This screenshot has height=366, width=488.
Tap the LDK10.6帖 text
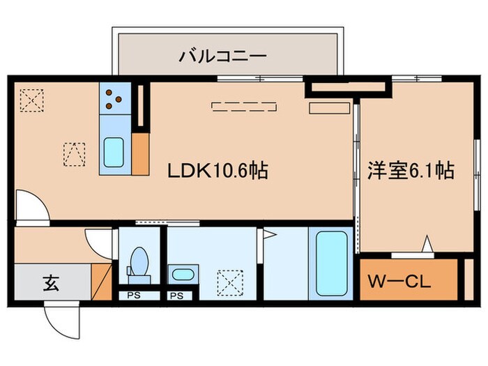218,170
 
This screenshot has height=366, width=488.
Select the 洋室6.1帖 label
411,170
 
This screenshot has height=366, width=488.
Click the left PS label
133,296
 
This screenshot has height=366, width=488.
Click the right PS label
176,296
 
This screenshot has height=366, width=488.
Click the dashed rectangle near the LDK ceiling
245,107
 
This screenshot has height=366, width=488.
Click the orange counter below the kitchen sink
139,153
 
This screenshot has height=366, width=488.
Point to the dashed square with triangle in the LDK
75,153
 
